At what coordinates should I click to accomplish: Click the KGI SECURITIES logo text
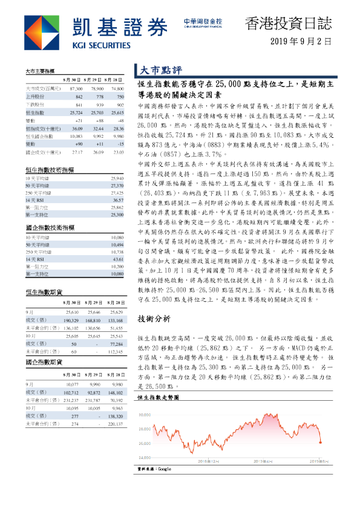point(100,45)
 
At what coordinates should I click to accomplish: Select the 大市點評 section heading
point(157,70)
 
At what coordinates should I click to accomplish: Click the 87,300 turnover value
point(76,88)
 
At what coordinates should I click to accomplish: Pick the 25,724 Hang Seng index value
point(76,112)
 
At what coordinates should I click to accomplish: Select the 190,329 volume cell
point(70,320)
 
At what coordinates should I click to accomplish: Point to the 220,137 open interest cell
point(114,424)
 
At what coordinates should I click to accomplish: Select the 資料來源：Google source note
point(155,468)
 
